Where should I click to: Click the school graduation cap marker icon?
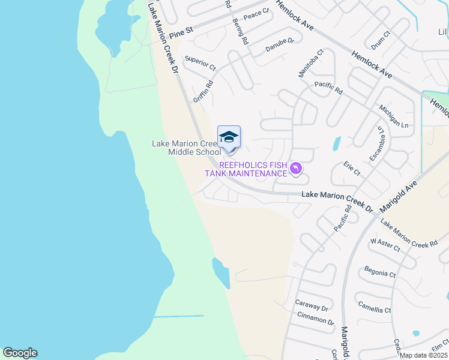click(x=229, y=138)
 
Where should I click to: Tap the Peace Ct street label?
click(x=256, y=12)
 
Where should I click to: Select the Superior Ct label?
click(x=200, y=64)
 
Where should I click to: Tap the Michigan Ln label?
click(x=394, y=116)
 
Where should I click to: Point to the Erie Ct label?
click(x=352, y=169)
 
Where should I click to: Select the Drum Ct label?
click(x=381, y=41)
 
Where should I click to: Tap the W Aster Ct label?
click(x=385, y=245)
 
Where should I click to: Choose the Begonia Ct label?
click(x=380, y=273)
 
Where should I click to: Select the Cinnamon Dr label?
click(x=315, y=321)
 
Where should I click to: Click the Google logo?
click(x=20, y=353)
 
